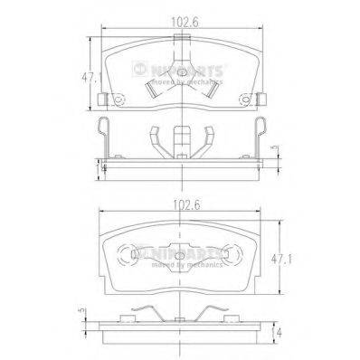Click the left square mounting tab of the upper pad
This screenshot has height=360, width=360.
click(x=106, y=99)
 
